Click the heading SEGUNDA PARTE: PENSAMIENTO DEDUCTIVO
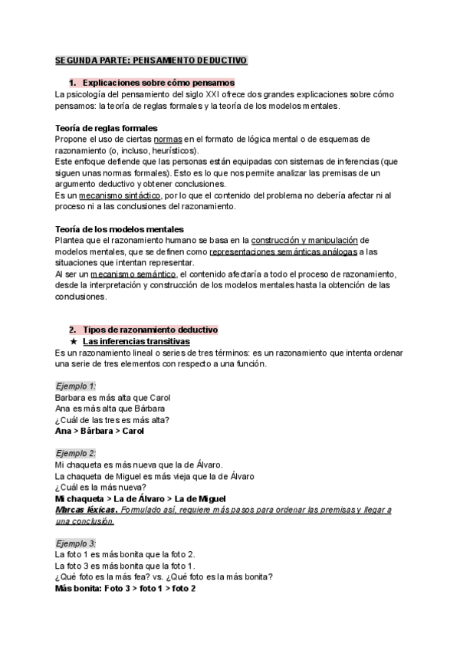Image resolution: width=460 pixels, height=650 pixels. pos(150,60)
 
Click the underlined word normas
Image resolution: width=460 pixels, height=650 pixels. pos(168,140)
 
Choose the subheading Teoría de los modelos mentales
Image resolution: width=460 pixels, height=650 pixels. pos(119,229)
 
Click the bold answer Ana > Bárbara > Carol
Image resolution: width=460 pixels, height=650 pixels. pos(100,431)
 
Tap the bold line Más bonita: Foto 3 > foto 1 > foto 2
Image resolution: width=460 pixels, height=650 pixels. pos(126,588)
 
